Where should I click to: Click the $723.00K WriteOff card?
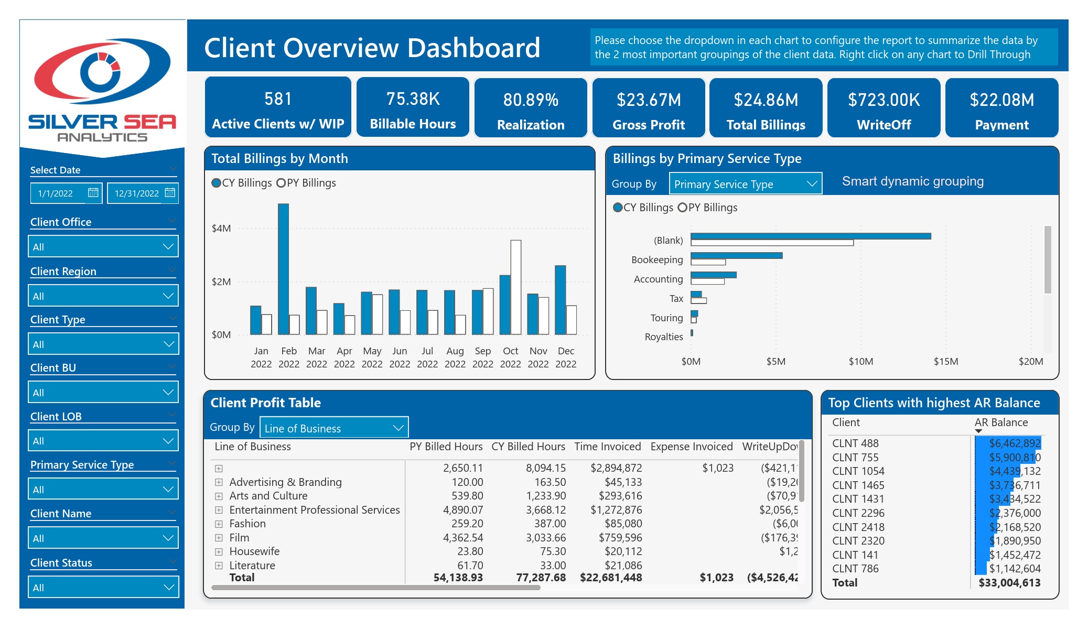point(884,108)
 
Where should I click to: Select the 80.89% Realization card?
point(531,108)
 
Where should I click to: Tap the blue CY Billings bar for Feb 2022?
point(283,269)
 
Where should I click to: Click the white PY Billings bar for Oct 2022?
point(516,287)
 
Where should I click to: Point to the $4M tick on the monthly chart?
point(221,228)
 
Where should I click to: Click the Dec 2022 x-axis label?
point(566,357)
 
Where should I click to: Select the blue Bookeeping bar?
point(737,255)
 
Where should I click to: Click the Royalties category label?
point(664,337)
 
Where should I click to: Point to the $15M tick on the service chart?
point(946,362)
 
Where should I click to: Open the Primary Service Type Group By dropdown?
point(746,184)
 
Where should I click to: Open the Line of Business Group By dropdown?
point(334,428)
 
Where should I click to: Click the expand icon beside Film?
point(219,538)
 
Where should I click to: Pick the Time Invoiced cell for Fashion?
point(620,524)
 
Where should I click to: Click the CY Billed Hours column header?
point(528,447)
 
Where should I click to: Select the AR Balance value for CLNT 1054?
point(1015,471)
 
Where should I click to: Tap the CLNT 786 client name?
point(855,569)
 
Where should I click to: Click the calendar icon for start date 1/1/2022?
point(93,192)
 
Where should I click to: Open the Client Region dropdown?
point(103,296)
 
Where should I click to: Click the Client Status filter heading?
point(61,563)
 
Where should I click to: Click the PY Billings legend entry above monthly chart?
point(306,183)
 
